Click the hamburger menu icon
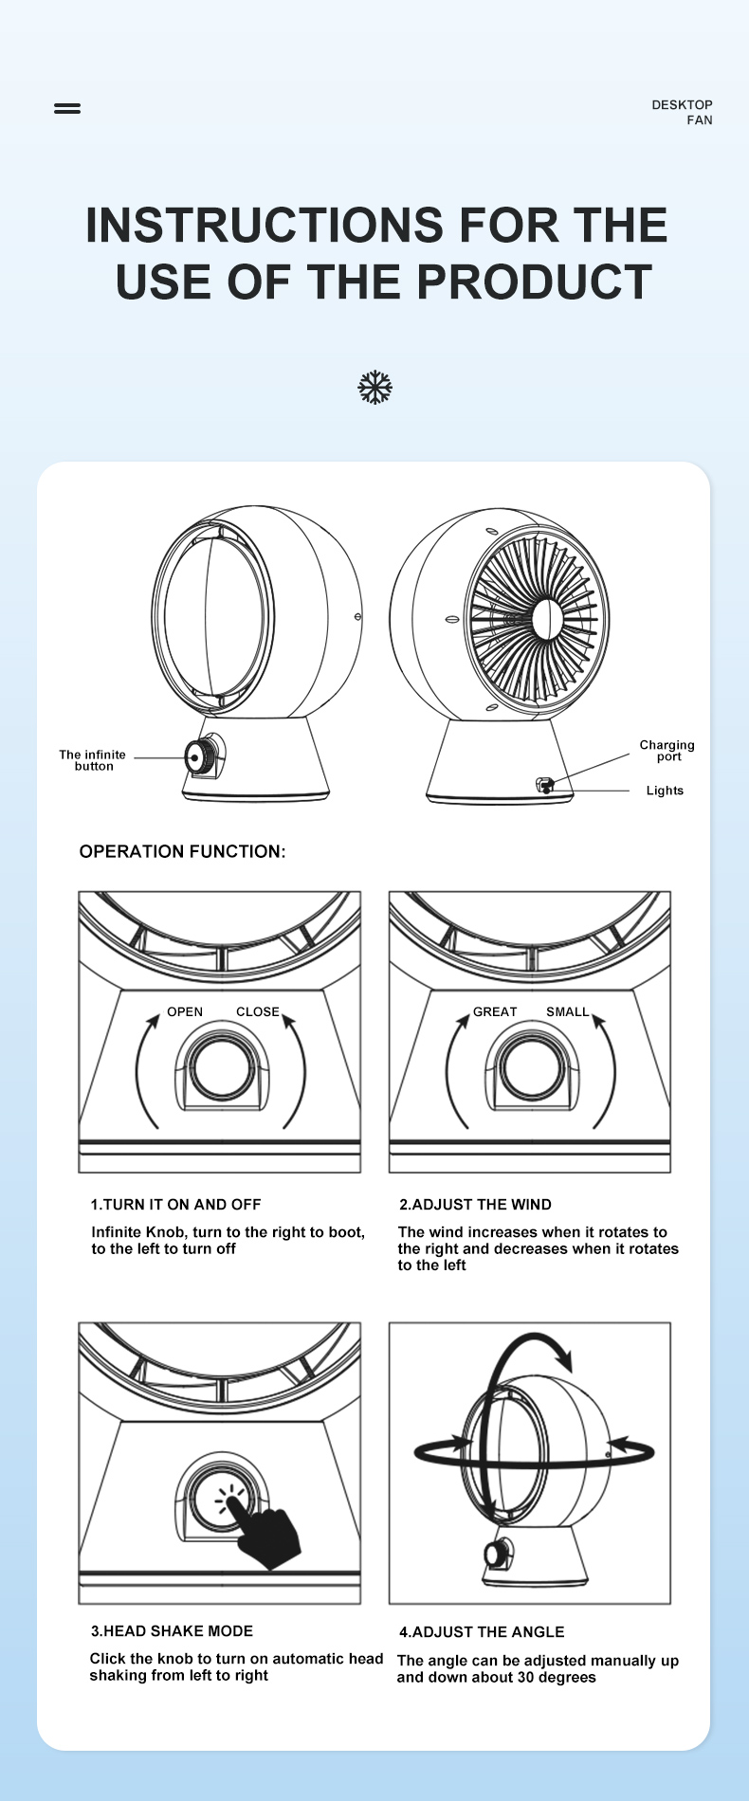67,108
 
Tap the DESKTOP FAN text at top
682,112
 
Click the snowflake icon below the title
375,388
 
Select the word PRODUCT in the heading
534,282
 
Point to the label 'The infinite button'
92,760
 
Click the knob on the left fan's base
200,756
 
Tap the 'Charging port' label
667,751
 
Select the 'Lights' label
665,791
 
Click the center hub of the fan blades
547,619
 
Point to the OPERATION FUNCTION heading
182,851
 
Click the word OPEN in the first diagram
185,1011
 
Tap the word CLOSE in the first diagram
258,1011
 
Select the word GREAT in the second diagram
495,1011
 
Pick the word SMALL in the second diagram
567,1011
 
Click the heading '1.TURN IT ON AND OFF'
175,1205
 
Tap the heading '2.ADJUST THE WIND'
475,1205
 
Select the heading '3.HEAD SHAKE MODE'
172,1631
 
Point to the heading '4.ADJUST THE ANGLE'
482,1632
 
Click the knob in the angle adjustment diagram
496,1555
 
